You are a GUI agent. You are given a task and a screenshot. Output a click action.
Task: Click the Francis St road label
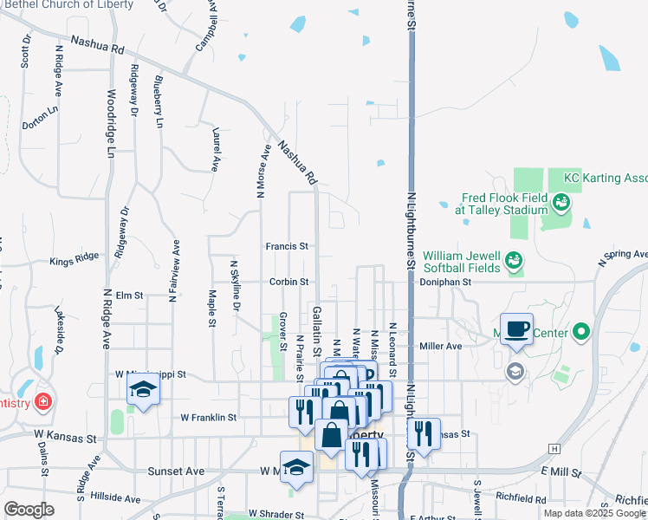[287, 246]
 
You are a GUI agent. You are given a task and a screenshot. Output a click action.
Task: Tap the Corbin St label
[288, 282]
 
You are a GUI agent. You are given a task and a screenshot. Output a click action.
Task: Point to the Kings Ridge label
[75, 261]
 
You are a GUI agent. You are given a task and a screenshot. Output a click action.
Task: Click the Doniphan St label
[444, 282]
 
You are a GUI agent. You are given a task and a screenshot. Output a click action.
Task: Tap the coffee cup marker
[517, 329]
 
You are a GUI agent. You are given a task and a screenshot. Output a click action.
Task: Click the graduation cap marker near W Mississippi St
[144, 389]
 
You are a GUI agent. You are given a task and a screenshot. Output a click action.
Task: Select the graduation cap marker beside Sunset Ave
[297, 467]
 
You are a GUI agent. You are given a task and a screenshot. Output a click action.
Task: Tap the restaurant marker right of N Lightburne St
[423, 433]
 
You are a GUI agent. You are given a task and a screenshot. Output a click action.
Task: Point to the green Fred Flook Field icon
[561, 203]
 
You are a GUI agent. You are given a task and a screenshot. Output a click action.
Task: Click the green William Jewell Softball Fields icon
[513, 260]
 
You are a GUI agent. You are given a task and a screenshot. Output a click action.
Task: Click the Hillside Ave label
[108, 498]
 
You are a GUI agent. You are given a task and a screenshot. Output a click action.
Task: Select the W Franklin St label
[209, 417]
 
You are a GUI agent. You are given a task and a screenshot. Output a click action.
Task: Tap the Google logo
[29, 510]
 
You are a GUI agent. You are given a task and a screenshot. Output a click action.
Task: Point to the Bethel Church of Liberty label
[69, 4]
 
